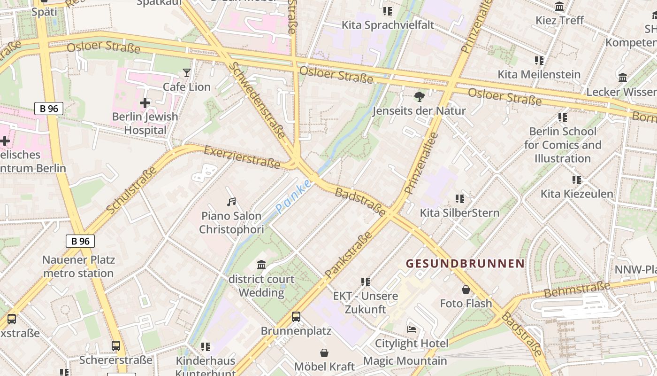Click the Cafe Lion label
pyautogui.click(x=186, y=87)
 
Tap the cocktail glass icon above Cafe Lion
pyautogui.click(x=187, y=73)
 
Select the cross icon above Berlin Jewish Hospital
pyautogui.click(x=145, y=102)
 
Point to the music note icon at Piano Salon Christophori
pyautogui.click(x=231, y=202)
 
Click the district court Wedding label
pyautogui.click(x=261, y=286)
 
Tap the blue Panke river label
pyautogui.click(x=293, y=196)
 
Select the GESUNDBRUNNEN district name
pyautogui.click(x=465, y=264)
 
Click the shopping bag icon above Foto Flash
pyautogui.click(x=466, y=290)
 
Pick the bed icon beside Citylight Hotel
pyautogui.click(x=412, y=329)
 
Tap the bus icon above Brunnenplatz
pyautogui.click(x=296, y=317)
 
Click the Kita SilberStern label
pyautogui.click(x=459, y=213)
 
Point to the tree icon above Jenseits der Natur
pyautogui.click(x=419, y=97)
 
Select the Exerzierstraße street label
pyautogui.click(x=242, y=157)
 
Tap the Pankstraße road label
pyautogui.click(x=348, y=254)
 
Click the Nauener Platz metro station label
pyautogui.click(x=78, y=266)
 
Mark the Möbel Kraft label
pyautogui.click(x=324, y=367)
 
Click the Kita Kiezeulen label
pyautogui.click(x=577, y=194)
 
